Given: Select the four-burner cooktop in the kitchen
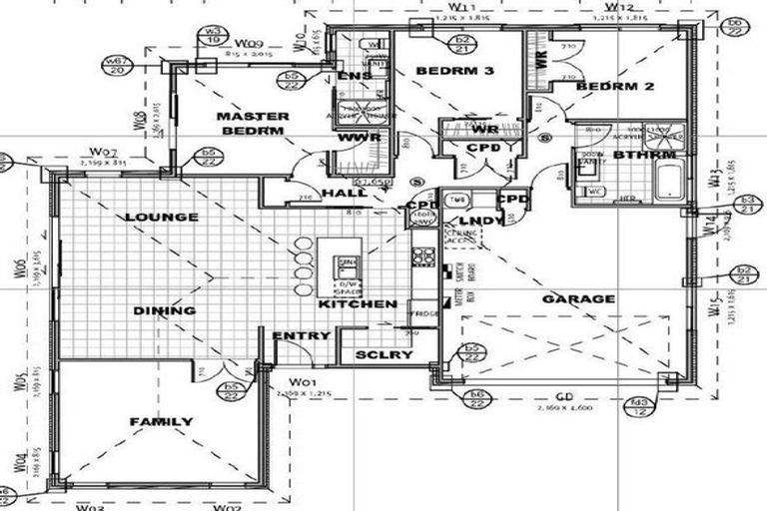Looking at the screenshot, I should pos(422,256).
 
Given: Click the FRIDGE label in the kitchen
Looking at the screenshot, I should pos(424,314).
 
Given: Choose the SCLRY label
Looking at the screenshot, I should pos(363,354).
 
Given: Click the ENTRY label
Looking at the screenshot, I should pos(301,336).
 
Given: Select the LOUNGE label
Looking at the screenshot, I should pos(161,217).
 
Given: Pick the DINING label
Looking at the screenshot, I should pos(164,310).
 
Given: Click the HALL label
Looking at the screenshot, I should pos(345,193).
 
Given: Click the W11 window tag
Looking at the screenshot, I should pos(451,7).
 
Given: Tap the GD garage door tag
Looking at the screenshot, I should pos(565,398).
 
